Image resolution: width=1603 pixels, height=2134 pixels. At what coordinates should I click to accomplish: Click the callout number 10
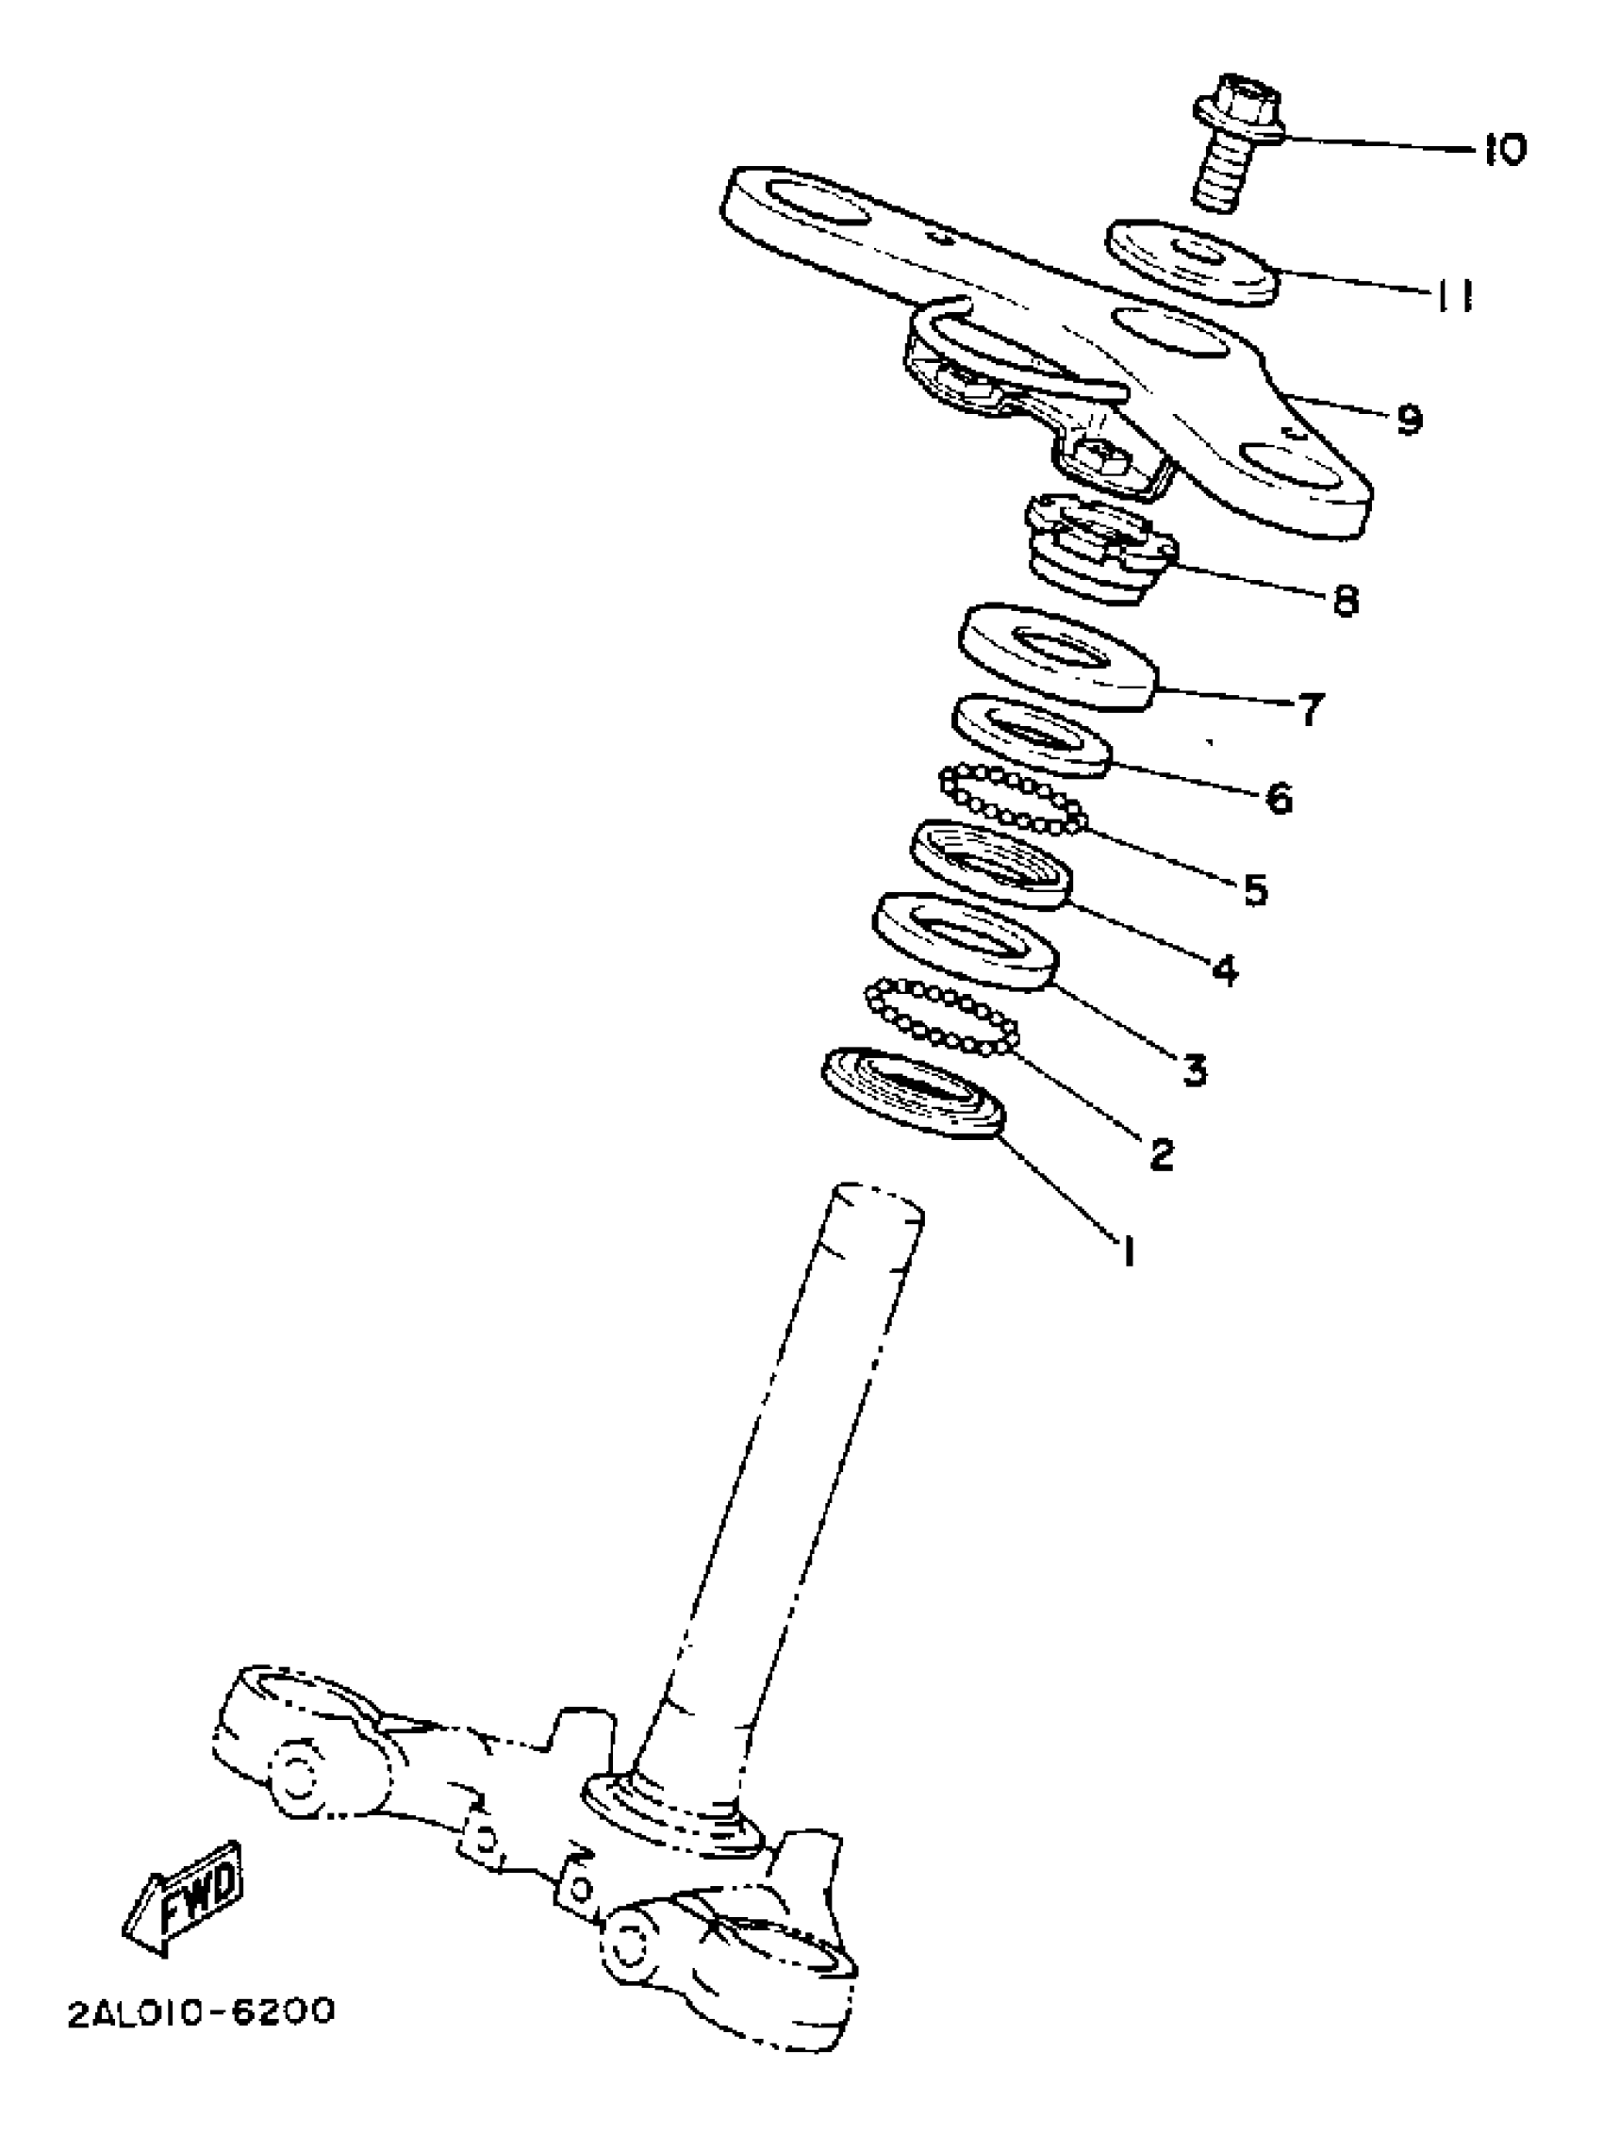(x=1502, y=151)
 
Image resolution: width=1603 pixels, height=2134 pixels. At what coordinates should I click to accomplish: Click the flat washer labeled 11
(x=1191, y=262)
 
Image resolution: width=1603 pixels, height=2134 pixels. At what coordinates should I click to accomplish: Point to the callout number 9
(x=1408, y=419)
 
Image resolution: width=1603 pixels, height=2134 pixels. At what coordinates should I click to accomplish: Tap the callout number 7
(x=1308, y=711)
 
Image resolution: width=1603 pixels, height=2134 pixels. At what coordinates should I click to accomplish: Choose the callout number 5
(x=1253, y=889)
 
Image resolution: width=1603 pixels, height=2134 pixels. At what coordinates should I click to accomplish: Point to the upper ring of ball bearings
(x=1012, y=799)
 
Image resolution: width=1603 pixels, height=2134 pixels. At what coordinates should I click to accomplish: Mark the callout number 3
(x=1194, y=1069)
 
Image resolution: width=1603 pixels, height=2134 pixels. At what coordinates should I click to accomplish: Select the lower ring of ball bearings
(x=944, y=1017)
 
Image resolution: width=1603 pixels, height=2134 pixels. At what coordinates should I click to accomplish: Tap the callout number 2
(x=1162, y=1152)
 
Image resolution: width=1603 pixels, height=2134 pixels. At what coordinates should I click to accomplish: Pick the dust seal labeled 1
(x=913, y=1092)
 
